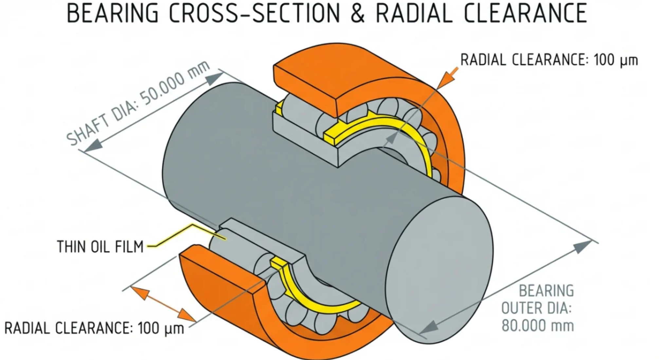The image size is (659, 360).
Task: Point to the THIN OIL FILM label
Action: coord(100,247)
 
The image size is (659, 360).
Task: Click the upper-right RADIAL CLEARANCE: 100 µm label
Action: coord(549,60)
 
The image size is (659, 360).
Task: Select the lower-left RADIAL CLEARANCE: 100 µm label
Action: coord(94,328)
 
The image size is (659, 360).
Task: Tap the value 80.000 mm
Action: coord(538,326)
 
